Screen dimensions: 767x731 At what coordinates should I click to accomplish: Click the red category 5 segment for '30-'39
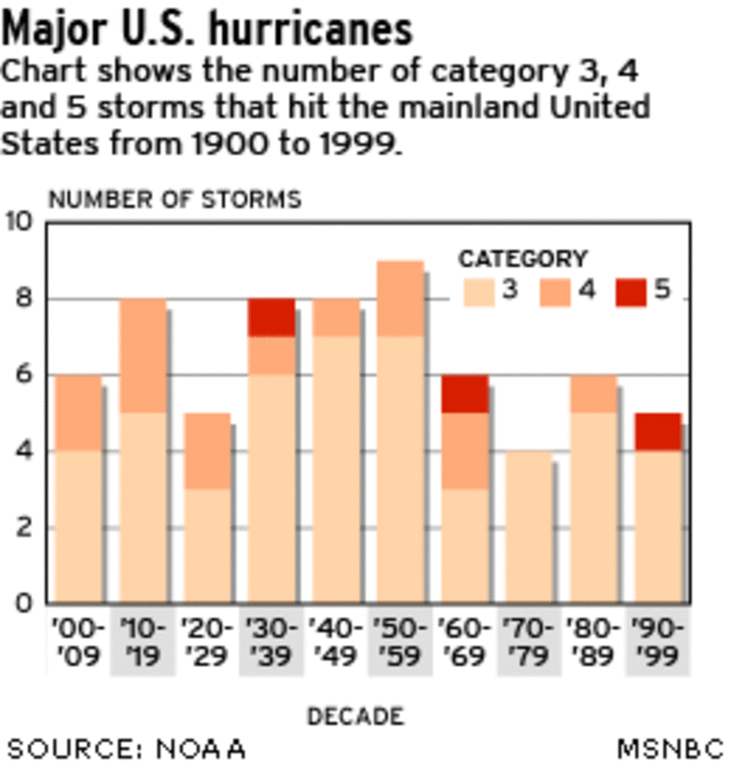point(271,317)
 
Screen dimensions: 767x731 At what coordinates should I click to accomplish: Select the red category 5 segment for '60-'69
point(466,393)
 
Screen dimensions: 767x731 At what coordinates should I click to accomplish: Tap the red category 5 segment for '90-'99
point(659,432)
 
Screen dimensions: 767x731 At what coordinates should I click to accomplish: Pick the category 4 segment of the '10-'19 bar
point(141,356)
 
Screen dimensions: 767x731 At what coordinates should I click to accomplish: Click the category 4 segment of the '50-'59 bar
point(400,298)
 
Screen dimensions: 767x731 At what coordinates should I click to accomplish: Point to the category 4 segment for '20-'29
point(206,451)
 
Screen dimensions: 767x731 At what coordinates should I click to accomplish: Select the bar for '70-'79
point(529,527)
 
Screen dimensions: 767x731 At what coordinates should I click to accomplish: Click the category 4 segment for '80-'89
point(594,393)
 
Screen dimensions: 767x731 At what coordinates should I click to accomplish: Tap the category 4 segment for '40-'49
point(336,317)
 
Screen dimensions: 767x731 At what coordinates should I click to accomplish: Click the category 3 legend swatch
point(478,291)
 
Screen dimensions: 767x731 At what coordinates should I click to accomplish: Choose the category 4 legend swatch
point(555,291)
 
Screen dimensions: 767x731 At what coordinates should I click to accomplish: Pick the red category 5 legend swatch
point(632,291)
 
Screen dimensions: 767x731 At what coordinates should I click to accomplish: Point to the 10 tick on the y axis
point(20,223)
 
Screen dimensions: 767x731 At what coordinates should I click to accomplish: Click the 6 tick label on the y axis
point(25,375)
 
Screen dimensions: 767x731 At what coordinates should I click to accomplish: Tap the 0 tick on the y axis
point(25,604)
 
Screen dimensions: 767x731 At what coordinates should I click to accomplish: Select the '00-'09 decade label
point(77,641)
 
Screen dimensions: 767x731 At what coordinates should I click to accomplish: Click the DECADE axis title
point(355,715)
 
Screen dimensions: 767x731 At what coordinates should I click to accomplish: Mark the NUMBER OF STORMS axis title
point(174,199)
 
